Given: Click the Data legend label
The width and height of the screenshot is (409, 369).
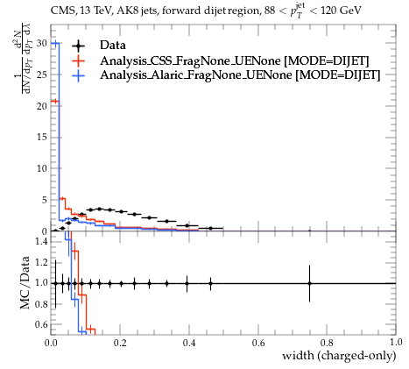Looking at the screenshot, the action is (x=113, y=46).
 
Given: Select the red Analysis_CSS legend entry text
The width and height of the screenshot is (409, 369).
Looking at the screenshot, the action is (x=235, y=60).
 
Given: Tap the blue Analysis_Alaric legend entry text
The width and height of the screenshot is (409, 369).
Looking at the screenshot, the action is (x=240, y=75).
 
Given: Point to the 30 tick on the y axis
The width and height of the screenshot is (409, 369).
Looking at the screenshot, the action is (x=42, y=43).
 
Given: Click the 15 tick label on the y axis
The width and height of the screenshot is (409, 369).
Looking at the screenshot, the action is (x=42, y=137).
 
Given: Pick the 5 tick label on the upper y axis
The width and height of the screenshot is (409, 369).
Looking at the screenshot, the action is (x=45, y=200).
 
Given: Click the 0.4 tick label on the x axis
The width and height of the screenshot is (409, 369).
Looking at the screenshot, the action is (x=189, y=343).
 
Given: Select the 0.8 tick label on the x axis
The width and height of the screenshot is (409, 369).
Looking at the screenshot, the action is (x=327, y=343).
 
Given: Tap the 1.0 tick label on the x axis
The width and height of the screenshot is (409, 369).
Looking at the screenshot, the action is (x=396, y=343).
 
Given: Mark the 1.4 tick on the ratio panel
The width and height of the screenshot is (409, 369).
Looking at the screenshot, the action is (x=41, y=241).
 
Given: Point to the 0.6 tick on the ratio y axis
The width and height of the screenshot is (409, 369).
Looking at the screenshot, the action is (x=41, y=324).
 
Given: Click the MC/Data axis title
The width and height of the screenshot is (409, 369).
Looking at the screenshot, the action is (x=25, y=282).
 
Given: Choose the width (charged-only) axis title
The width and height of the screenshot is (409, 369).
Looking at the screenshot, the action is (x=339, y=356).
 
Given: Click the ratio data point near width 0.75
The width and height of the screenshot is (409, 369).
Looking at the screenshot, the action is (x=309, y=283).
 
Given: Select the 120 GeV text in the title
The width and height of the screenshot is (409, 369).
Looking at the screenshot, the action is (x=341, y=11).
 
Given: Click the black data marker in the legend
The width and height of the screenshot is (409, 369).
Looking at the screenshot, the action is (x=78, y=46).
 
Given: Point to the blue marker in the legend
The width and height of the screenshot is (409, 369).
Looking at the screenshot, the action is (x=78, y=75).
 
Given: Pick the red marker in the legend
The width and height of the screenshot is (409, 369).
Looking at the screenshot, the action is (x=78, y=60).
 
